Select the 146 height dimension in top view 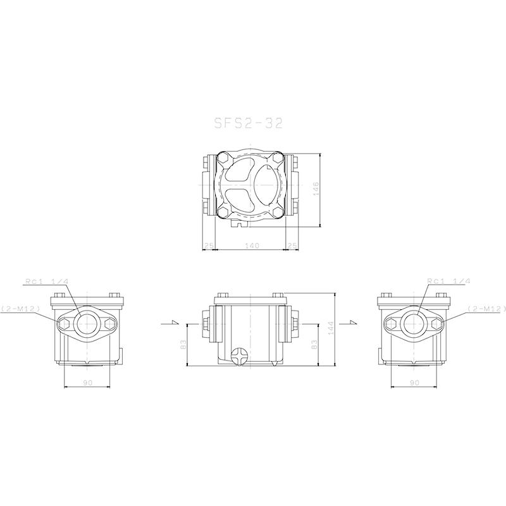click(316, 189)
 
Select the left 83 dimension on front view click(182, 345)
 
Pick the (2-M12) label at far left click(21, 308)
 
